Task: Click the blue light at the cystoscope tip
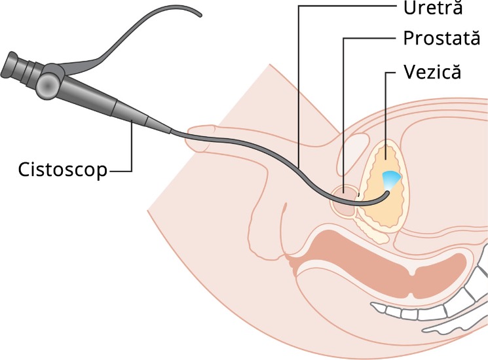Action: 390,180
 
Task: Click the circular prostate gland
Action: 345,199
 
